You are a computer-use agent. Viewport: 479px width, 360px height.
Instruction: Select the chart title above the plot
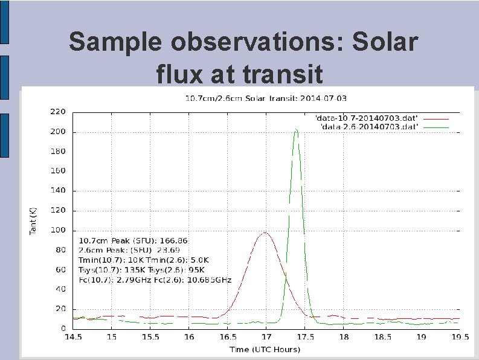click(x=265, y=98)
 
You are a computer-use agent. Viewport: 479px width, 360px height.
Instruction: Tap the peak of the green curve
click(x=296, y=129)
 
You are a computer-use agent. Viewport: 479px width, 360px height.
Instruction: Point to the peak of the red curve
click(x=265, y=233)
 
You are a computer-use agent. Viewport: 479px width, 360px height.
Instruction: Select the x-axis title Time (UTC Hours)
click(x=265, y=349)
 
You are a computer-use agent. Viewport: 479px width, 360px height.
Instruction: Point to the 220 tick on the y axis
click(x=57, y=112)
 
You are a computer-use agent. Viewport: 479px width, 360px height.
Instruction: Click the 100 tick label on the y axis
click(x=57, y=230)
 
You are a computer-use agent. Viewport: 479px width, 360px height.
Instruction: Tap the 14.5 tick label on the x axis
click(x=73, y=336)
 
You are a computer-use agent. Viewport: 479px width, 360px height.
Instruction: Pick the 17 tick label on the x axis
click(x=266, y=336)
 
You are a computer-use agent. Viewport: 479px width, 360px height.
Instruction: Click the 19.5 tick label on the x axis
click(x=460, y=336)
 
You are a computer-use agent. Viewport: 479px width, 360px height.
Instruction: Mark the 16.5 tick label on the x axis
click(x=228, y=336)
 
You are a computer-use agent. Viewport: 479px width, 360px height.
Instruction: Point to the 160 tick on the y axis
click(x=57, y=171)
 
